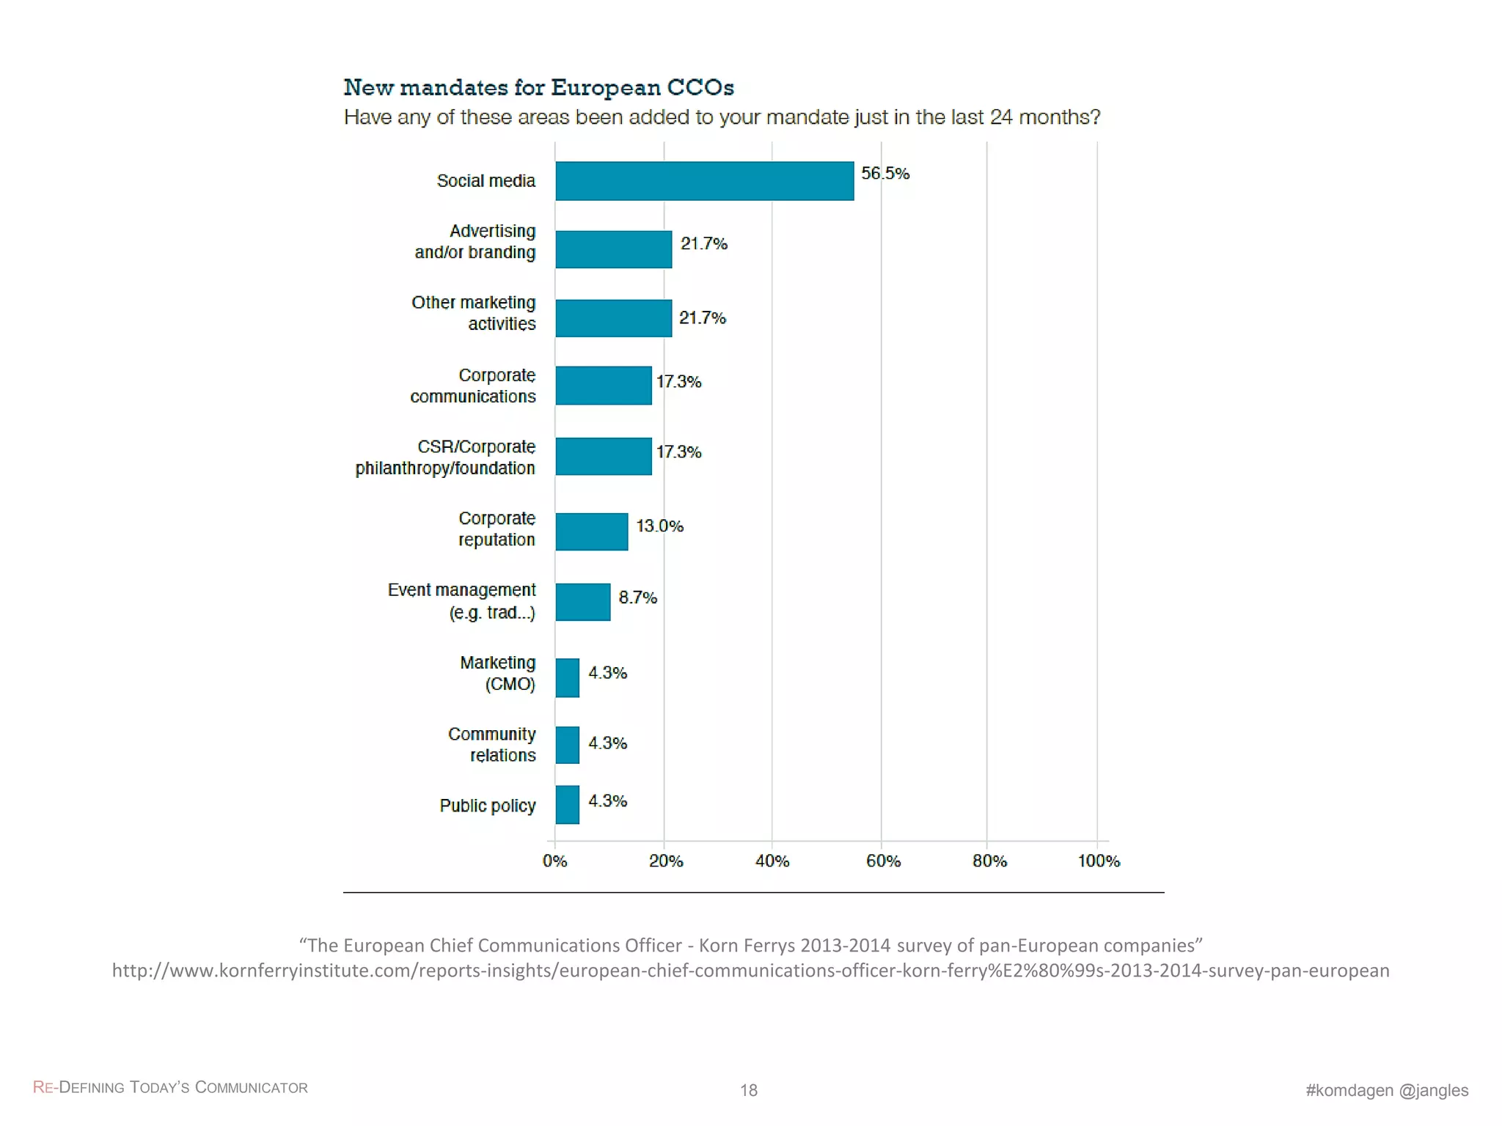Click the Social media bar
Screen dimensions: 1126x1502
[704, 180]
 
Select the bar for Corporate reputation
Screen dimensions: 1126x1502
[591, 531]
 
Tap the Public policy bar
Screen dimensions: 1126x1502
[567, 804]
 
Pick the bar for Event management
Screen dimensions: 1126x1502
[582, 602]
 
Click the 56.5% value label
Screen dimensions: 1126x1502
[884, 174]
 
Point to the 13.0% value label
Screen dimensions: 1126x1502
[659, 526]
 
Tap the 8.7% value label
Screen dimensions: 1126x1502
[637, 597]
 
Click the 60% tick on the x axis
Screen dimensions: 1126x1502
[882, 861]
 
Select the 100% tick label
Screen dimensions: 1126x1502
[1098, 861]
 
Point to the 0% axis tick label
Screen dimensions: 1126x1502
[554, 861]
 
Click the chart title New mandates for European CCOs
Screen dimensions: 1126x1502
[538, 87]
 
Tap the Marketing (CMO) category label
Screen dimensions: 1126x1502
[498, 673]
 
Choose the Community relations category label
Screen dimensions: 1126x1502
[492, 744]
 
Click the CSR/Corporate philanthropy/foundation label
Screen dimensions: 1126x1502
[445, 457]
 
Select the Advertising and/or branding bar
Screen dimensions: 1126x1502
[613, 249]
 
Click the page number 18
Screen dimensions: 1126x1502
[748, 1090]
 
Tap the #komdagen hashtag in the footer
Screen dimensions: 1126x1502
[1349, 1090]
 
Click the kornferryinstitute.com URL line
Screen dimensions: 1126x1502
[750, 971]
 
